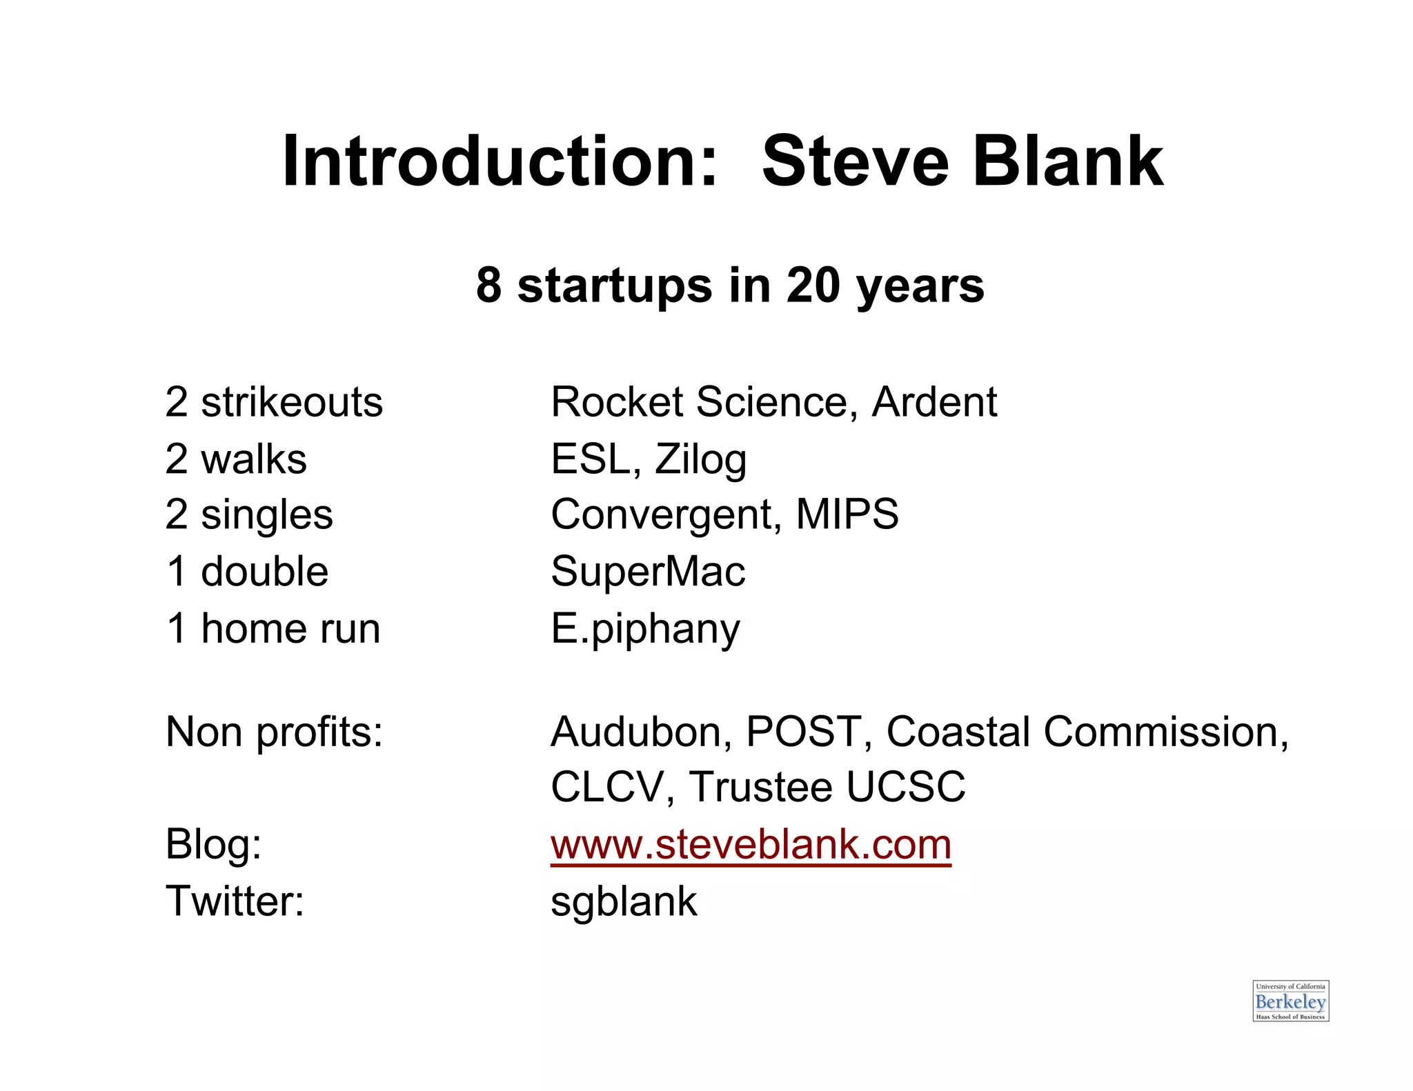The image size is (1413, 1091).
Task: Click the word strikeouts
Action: (292, 402)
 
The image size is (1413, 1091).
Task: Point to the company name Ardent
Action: (934, 402)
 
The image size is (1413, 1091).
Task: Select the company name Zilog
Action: (700, 460)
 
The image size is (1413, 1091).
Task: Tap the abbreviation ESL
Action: (595, 459)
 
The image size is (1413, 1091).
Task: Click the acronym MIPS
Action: (847, 514)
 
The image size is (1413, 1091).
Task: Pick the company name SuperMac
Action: (648, 572)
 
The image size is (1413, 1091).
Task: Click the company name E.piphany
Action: (645, 630)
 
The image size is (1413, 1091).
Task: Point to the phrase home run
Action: (290, 629)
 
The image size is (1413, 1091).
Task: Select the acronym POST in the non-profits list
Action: (804, 732)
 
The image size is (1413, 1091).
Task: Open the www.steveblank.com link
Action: (751, 845)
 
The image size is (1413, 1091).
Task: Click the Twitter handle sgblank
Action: (624, 901)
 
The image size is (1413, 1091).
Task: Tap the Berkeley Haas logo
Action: (1290, 1001)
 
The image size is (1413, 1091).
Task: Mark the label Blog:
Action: (213, 845)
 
